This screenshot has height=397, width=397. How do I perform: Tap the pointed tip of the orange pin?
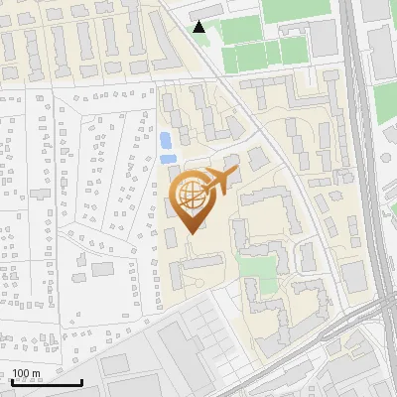[193, 233]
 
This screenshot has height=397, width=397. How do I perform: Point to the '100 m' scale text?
[25, 374]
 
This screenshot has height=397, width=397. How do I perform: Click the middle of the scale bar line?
[47, 382]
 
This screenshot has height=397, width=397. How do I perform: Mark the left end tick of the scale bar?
[12, 381]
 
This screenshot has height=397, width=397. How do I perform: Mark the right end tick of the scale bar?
[81, 381]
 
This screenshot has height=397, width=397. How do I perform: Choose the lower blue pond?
[169, 158]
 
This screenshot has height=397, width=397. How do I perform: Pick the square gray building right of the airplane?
[257, 160]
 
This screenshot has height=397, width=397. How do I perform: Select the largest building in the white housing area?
[103, 267]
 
